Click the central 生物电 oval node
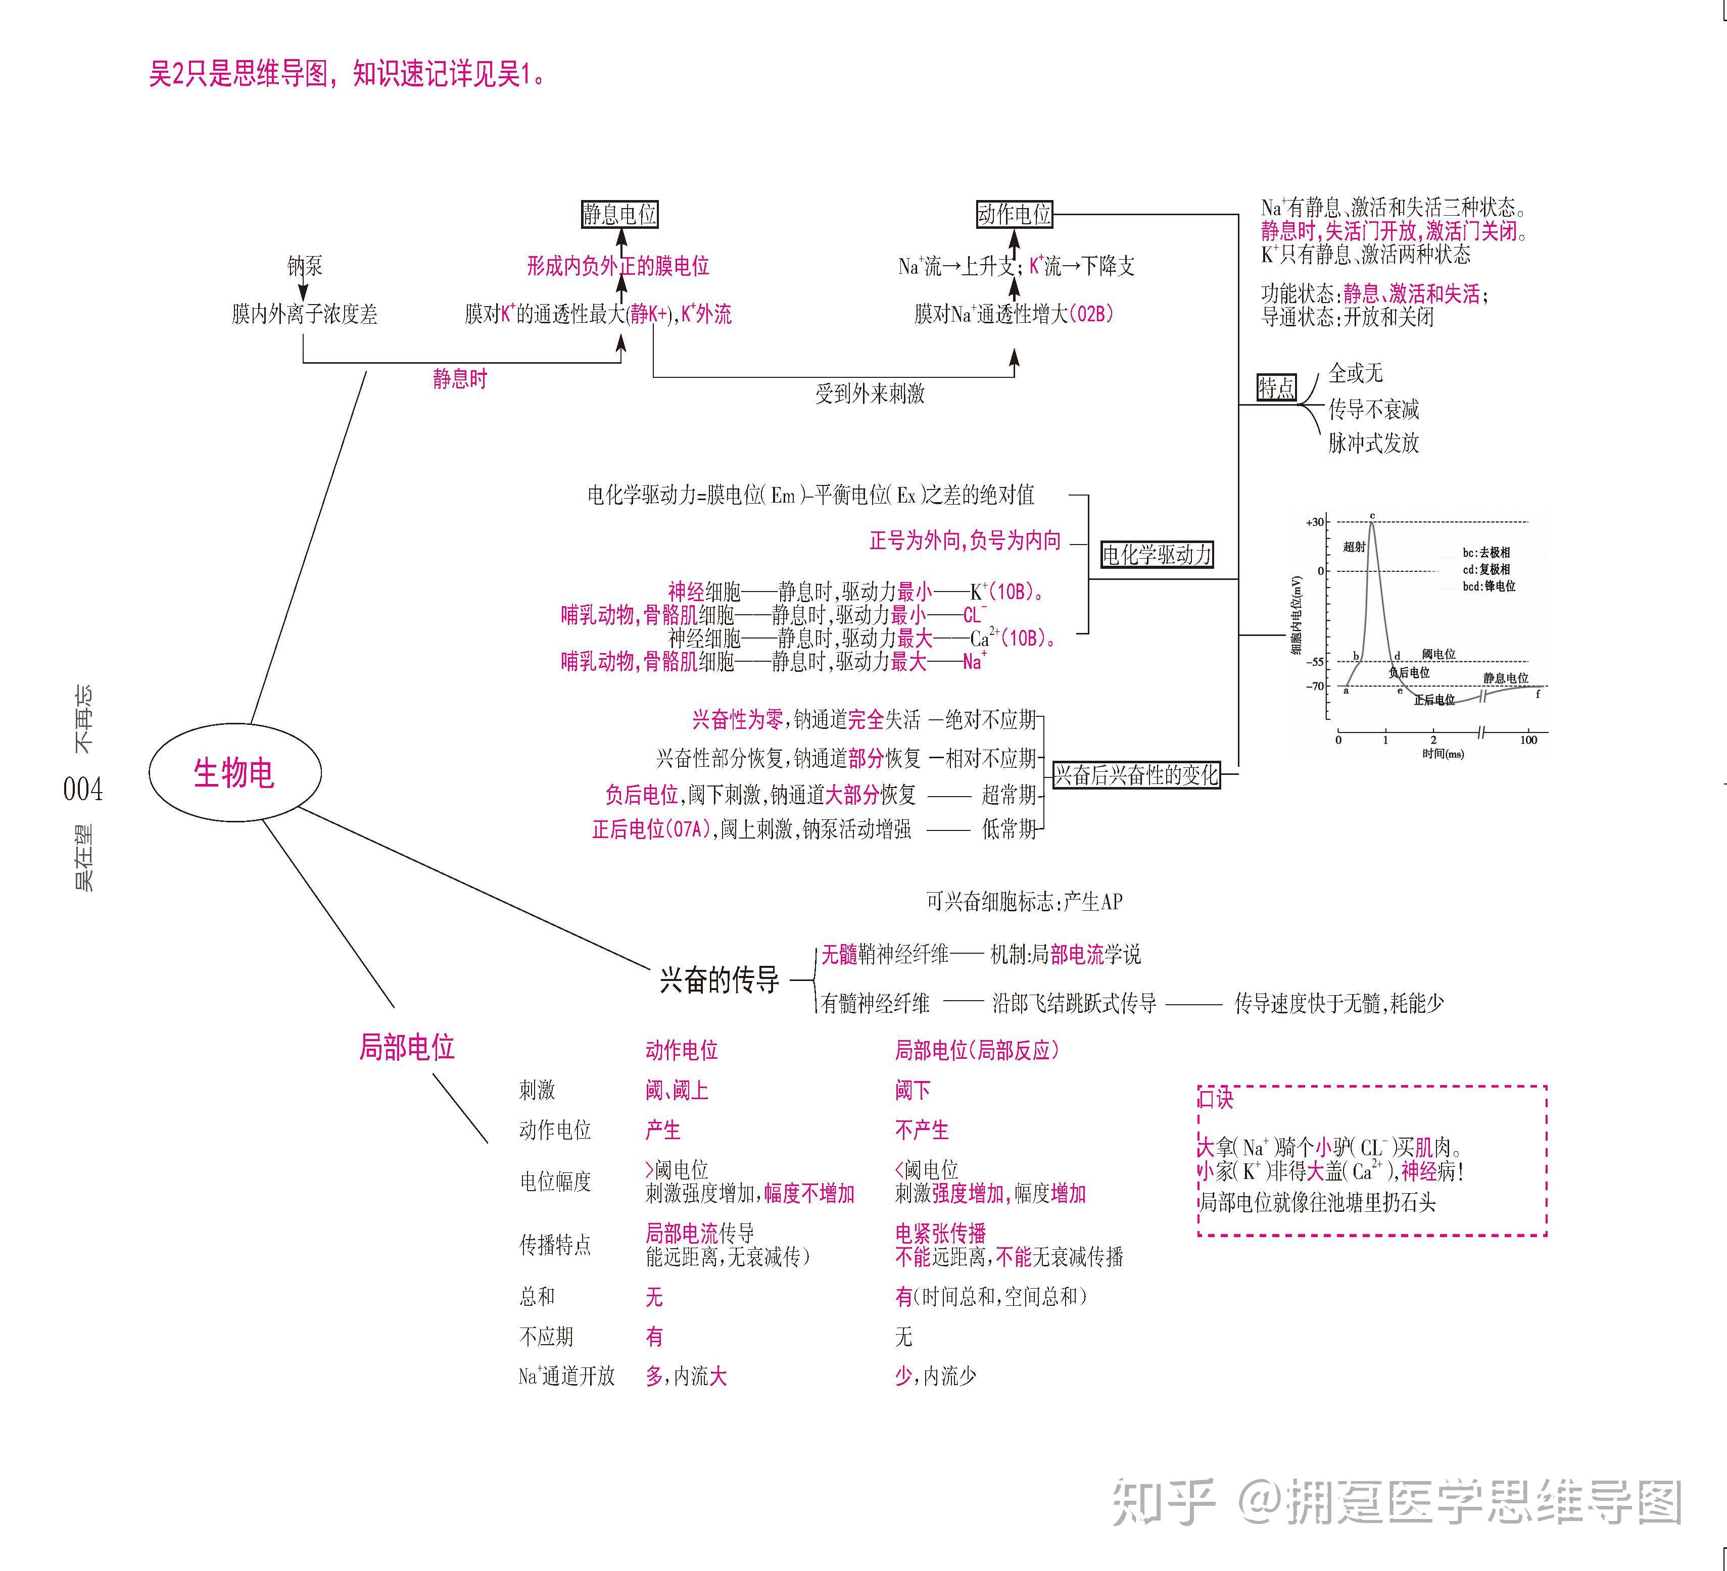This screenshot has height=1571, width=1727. pyautogui.click(x=235, y=773)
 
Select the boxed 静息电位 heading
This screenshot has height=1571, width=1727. pyautogui.click(x=619, y=214)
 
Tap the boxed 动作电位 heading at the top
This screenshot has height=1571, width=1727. pyautogui.click(x=1014, y=214)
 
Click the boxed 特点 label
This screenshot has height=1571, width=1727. pyautogui.click(x=1276, y=388)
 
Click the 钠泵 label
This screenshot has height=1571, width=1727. pyautogui.click(x=305, y=266)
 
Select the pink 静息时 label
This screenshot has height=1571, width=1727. pyautogui.click(x=460, y=379)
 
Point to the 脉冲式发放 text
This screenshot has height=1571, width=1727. pyautogui.click(x=1373, y=443)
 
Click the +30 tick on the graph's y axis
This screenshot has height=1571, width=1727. pyautogui.click(x=1315, y=522)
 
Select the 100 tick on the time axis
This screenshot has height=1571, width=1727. pyautogui.click(x=1528, y=740)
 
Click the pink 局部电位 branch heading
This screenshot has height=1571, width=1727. pyautogui.click(x=406, y=1047)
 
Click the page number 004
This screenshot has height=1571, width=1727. pyautogui.click(x=83, y=789)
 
